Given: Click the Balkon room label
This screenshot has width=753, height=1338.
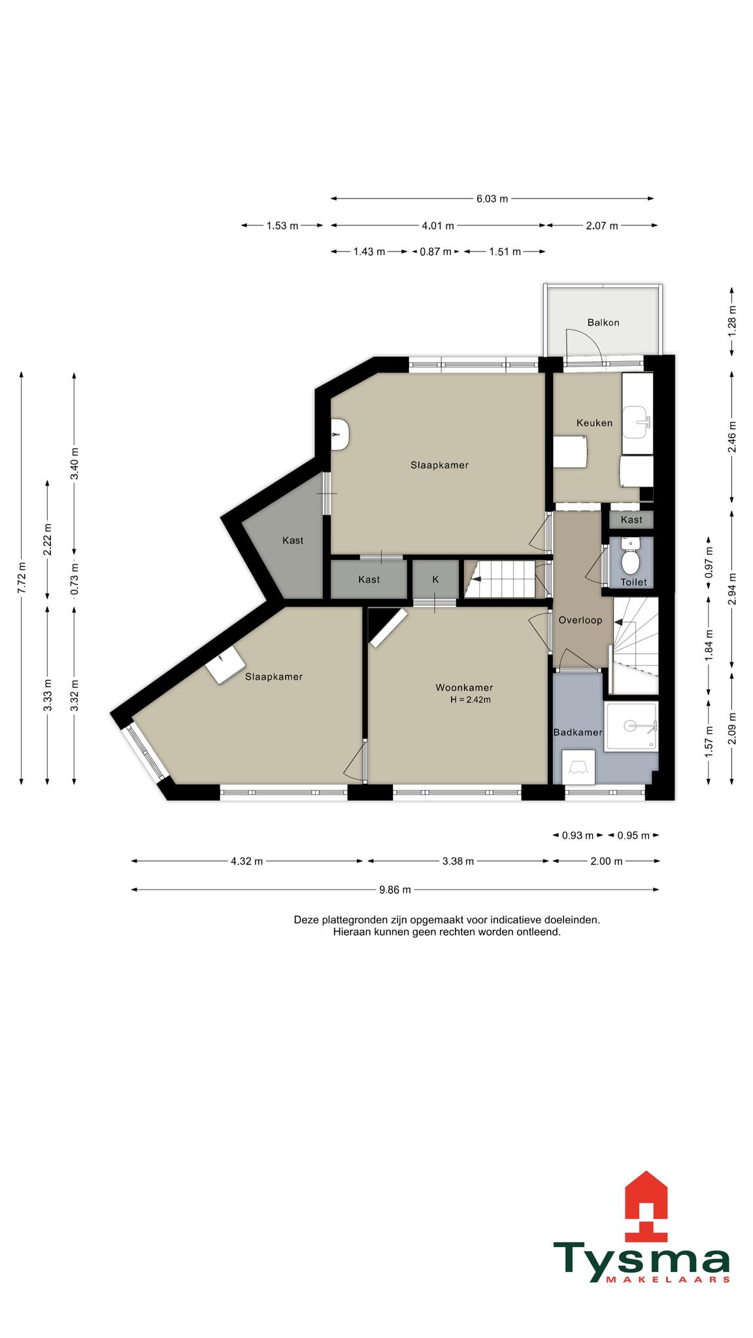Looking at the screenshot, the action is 603,323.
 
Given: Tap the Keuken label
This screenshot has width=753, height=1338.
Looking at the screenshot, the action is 594,423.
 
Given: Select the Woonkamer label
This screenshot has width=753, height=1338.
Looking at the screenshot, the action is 464,687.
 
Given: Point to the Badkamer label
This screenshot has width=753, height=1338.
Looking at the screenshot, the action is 578,732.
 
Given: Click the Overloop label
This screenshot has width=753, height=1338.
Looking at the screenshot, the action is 580,620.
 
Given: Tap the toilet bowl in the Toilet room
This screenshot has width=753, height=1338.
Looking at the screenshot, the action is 631,559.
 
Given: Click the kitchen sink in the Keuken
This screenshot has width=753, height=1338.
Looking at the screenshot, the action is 635,422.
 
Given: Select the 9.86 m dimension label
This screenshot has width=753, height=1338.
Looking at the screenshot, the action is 395,889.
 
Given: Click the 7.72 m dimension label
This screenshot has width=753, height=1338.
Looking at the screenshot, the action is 22,578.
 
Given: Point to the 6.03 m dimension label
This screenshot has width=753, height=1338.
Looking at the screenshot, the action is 492,199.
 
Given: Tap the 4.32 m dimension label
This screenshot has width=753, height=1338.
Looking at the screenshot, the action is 246,861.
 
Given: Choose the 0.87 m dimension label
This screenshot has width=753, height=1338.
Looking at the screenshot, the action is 435,252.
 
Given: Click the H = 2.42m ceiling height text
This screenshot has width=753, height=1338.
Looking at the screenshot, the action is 470,700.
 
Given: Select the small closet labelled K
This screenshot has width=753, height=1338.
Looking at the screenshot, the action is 435,579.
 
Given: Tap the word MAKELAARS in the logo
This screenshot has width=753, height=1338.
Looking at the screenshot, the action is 668,1280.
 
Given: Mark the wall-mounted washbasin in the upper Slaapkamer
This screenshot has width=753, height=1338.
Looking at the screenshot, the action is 341,434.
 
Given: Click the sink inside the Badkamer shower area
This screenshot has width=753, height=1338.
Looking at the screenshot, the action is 631,725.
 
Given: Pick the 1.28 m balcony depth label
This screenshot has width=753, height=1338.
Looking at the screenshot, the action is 732,322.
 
